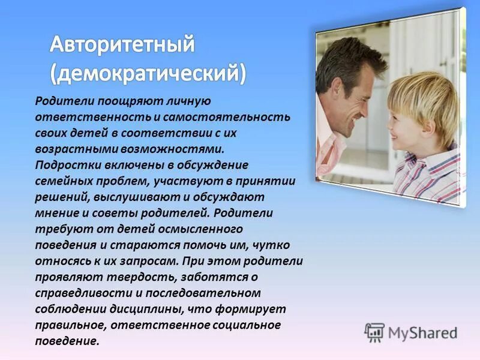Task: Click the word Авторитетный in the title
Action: (x=122, y=44)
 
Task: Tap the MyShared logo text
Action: (x=422, y=333)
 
